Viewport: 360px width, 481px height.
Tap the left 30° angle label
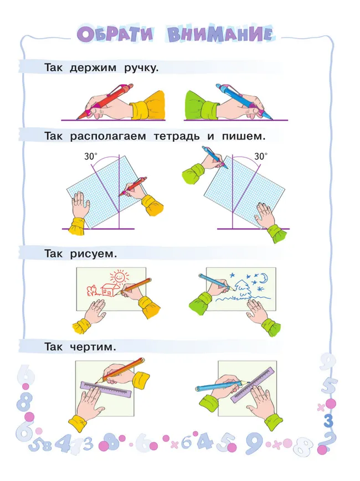91,157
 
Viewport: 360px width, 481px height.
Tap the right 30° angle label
260,157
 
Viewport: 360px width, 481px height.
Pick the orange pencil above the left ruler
123,369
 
